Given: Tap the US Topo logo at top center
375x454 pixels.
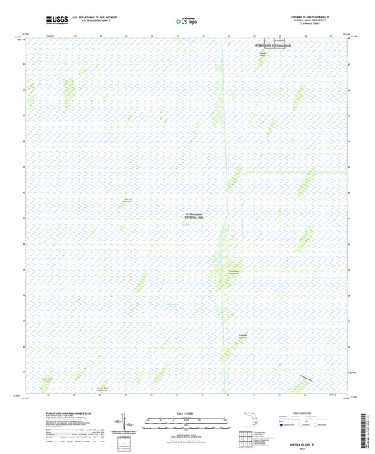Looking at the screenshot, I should [187, 21].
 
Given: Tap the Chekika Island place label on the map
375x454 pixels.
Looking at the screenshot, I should [262, 54].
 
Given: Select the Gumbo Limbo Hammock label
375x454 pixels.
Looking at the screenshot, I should [47, 380].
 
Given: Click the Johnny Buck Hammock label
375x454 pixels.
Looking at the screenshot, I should [103, 388].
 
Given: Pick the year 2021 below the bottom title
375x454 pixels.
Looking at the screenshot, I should [311, 442].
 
